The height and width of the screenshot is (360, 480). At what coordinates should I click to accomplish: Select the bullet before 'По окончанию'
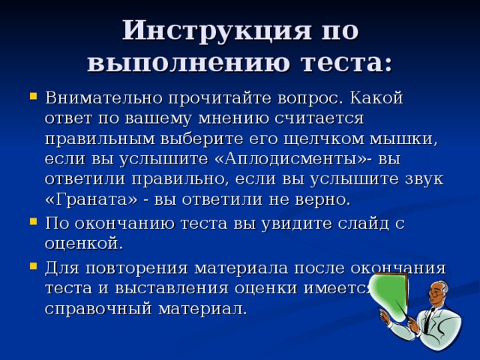(34, 223)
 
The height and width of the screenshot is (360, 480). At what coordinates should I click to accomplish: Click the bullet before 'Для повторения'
(34, 266)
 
